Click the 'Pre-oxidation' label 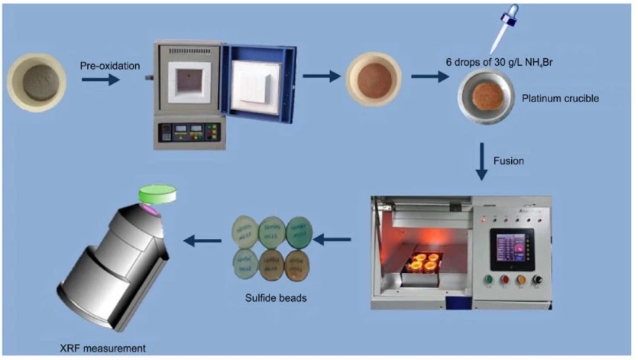(x=110, y=66)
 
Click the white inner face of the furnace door (x=255, y=82)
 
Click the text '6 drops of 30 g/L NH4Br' (x=497, y=61)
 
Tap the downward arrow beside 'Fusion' (x=481, y=163)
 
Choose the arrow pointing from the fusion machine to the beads (x=332, y=241)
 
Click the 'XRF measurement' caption (x=103, y=349)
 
